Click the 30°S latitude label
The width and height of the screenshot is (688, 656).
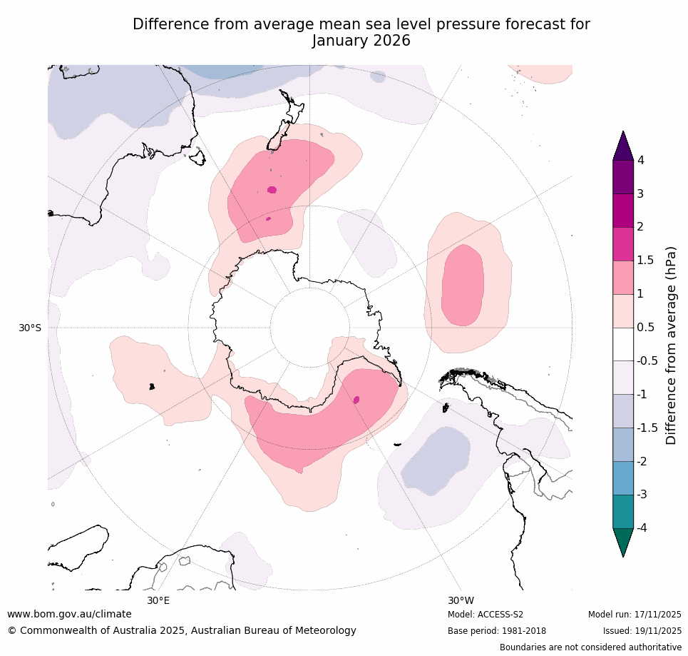(30, 328)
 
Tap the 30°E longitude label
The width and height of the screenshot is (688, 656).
(158, 600)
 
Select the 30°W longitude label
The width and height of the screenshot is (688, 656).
(461, 600)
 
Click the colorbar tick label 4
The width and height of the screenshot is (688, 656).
(640, 161)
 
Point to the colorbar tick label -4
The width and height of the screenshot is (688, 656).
(642, 528)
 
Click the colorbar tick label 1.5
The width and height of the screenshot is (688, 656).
(645, 261)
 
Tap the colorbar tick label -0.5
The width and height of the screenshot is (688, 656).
(647, 361)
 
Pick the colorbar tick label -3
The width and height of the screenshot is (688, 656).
(642, 494)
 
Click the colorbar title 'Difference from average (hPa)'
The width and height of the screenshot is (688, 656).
(670, 345)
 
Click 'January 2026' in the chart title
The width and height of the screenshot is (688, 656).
(361, 41)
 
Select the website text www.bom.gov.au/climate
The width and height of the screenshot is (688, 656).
(69, 614)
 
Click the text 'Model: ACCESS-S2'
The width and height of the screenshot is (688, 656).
(486, 615)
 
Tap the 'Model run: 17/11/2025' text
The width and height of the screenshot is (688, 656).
(635, 615)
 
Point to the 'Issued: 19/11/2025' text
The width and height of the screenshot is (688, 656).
(642, 631)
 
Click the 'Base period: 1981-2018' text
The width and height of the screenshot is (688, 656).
(497, 631)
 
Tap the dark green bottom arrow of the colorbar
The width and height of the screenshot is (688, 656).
(623, 540)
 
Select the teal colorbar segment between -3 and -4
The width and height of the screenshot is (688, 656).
(623, 511)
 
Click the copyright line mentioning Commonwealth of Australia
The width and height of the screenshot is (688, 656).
(182, 630)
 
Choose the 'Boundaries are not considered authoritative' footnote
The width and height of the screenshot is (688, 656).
(590, 647)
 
